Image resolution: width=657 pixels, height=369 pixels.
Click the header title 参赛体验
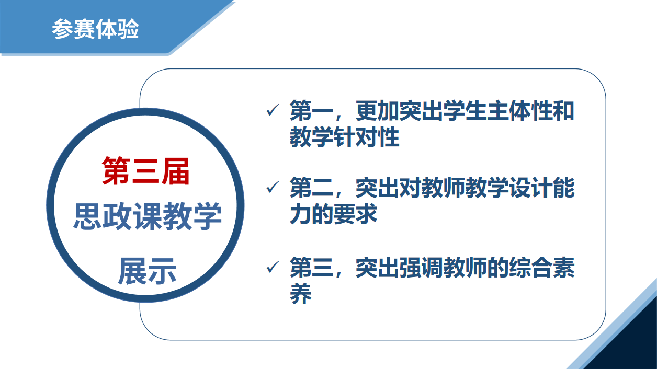coord(95,29)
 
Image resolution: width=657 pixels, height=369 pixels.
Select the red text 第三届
coord(146,171)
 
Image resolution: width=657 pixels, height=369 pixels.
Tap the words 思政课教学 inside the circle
coord(148,216)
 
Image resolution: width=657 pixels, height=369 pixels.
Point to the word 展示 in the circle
coord(147,271)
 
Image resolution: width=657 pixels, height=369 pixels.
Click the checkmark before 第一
coord(273,110)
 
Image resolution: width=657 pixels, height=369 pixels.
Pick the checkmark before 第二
coord(273,187)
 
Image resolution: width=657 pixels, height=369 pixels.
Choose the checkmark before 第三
coord(273,267)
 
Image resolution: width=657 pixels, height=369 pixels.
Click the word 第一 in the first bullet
coord(311,110)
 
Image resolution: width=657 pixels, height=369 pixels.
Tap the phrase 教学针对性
coord(344,136)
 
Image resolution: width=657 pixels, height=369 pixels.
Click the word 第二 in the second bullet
coord(311,188)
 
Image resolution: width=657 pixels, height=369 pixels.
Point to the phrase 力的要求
coord(333,214)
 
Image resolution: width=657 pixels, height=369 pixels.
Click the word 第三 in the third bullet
coord(311,267)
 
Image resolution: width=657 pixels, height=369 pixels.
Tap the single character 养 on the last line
coord(301,293)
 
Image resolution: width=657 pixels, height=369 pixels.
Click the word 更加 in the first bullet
coord(377,110)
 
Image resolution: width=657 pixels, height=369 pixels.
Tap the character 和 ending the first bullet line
coord(563,110)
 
